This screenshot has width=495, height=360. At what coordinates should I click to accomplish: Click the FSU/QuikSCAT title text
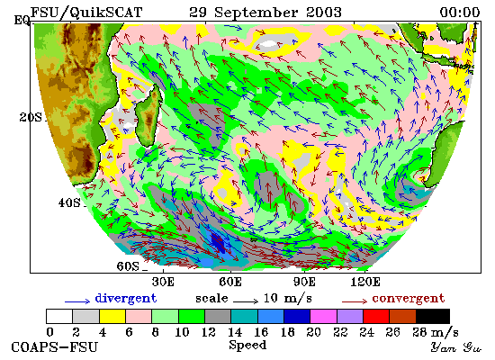point(86,13)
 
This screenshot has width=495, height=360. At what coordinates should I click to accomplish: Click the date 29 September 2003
point(265,13)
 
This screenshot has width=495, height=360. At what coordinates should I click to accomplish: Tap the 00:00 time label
point(460,13)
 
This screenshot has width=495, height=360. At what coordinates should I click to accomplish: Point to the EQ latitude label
point(22,21)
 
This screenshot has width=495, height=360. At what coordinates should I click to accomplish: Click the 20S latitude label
point(31,117)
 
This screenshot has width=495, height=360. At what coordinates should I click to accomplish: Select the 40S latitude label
point(69,202)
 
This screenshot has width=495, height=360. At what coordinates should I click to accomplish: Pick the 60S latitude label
point(128,266)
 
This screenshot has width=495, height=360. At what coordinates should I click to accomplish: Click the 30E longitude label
point(163,282)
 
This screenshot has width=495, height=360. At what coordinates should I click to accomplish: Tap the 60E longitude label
point(230,282)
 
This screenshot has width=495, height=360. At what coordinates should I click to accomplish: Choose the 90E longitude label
point(304,282)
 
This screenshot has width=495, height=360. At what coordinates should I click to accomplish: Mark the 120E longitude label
point(365,282)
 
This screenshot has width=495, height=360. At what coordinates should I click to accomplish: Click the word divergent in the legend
point(126,298)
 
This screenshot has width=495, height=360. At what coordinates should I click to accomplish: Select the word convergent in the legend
point(409,298)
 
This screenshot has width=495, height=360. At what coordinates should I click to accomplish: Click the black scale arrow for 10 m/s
point(246,301)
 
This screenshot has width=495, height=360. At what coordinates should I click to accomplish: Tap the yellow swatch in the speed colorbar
point(112,317)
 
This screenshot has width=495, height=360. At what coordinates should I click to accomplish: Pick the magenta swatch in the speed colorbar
point(324,317)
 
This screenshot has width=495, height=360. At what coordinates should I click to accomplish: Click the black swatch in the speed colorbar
point(433,317)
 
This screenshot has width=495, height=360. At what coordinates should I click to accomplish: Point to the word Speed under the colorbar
point(247,345)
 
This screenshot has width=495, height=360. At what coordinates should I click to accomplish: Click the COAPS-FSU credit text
point(54,347)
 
